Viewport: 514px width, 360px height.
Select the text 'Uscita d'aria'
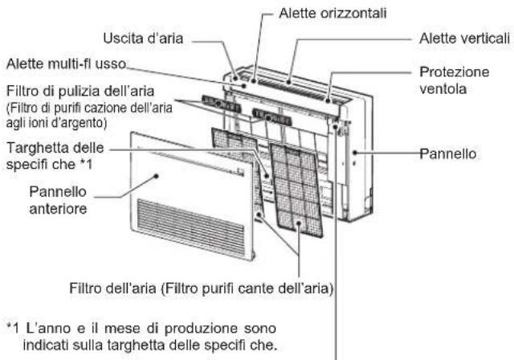pyautogui.click(x=144, y=38)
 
